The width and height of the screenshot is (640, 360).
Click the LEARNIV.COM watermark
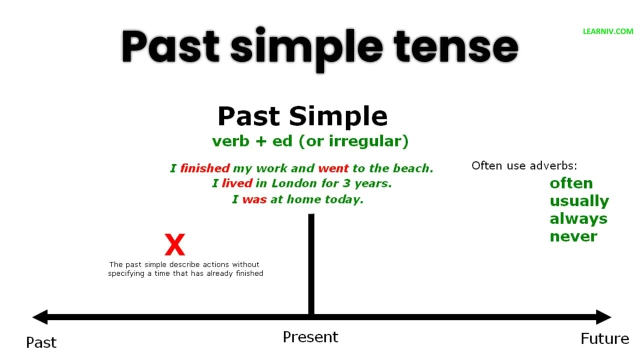click(x=608, y=31)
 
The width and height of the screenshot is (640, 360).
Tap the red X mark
click(x=175, y=245)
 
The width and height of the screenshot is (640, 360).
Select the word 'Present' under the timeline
click(x=310, y=337)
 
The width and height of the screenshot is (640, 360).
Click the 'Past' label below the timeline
click(x=41, y=342)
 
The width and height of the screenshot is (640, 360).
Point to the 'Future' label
click(x=604, y=339)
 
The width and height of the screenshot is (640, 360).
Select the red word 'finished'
click(x=205, y=168)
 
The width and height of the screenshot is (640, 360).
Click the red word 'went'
click(x=333, y=168)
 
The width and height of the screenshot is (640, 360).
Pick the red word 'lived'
click(x=237, y=183)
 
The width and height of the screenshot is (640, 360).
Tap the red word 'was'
click(x=254, y=199)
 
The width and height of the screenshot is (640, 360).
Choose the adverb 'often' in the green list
click(x=571, y=183)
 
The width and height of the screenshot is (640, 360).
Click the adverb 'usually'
click(x=579, y=201)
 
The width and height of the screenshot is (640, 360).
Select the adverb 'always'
click(x=578, y=219)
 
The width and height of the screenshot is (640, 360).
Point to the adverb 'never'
click(x=573, y=236)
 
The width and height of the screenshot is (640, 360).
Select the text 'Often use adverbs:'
click(x=524, y=165)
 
